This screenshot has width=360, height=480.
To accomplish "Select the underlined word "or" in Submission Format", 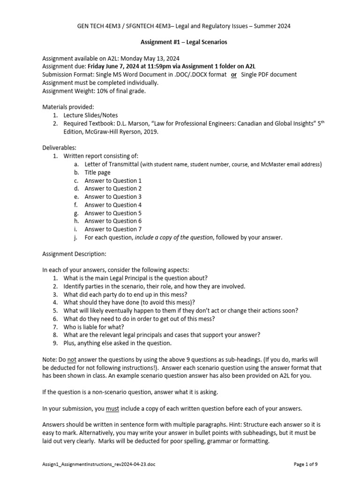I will tap(233, 75).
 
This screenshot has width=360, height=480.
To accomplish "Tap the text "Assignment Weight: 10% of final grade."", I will tap(94, 90).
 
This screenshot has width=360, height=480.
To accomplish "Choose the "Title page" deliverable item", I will tap(97, 172).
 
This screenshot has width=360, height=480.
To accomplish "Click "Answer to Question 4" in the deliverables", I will tap(113, 205).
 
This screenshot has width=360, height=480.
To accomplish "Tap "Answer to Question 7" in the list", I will tap(113, 229).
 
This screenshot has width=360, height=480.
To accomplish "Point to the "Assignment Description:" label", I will tap(75, 254).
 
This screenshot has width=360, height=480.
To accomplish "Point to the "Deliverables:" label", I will tap(59, 148).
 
